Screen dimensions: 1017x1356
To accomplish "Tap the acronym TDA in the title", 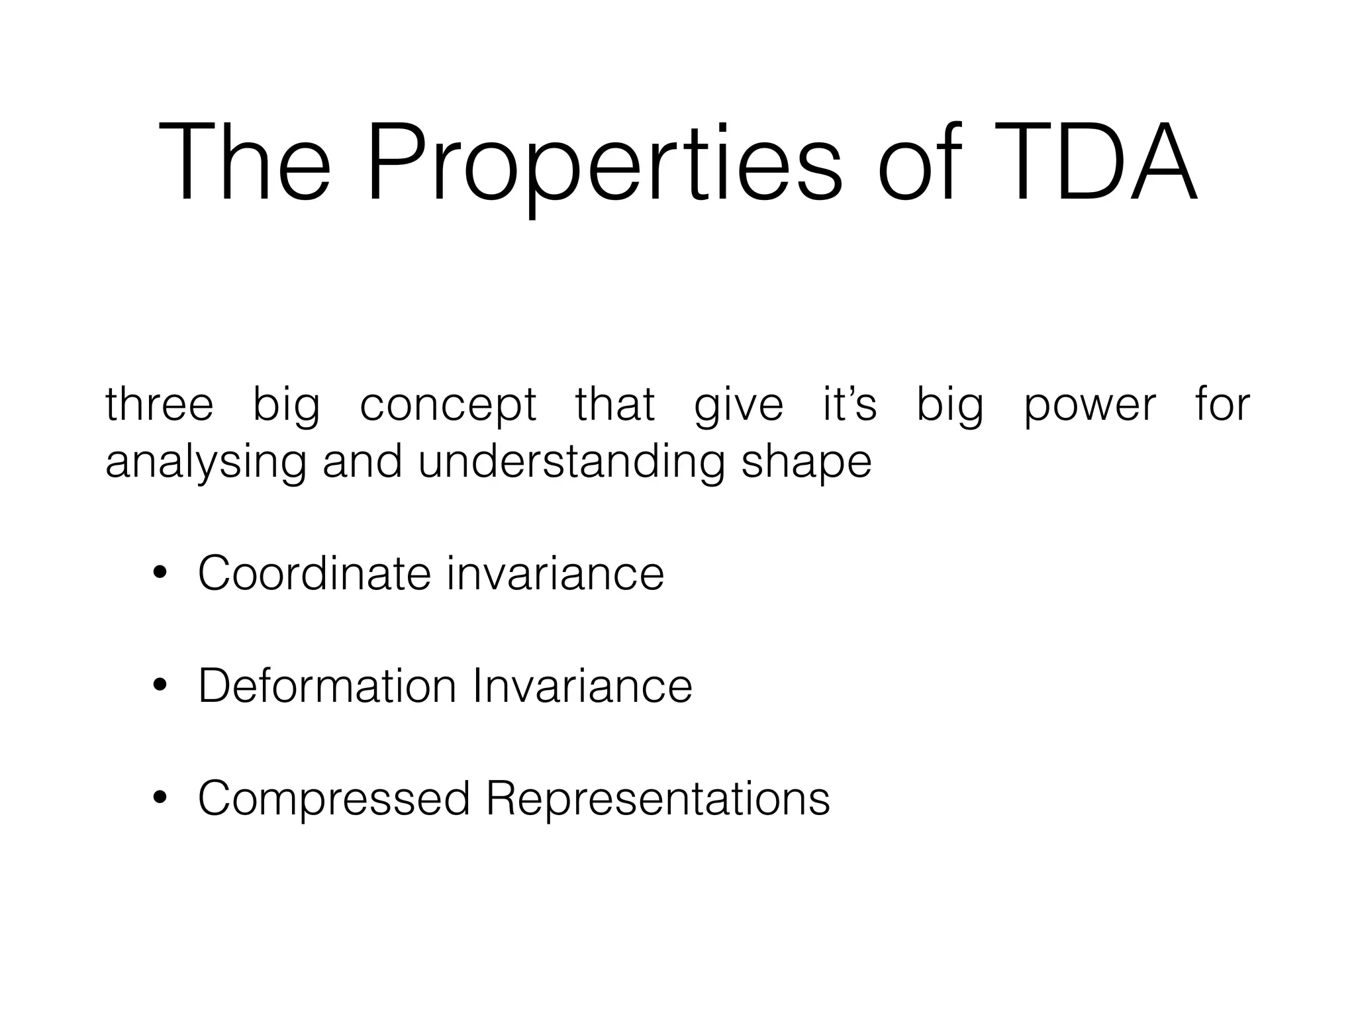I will click(x=1090, y=162).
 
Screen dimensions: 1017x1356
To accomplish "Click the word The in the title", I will click(x=244, y=162).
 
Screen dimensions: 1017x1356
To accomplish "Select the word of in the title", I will click(x=919, y=162).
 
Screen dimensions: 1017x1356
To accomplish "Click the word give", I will click(x=738, y=405).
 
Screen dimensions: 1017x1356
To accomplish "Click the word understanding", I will click(x=571, y=462).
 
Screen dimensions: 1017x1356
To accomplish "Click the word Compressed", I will click(x=334, y=799).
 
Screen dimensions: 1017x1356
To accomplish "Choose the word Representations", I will click(x=657, y=799).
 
